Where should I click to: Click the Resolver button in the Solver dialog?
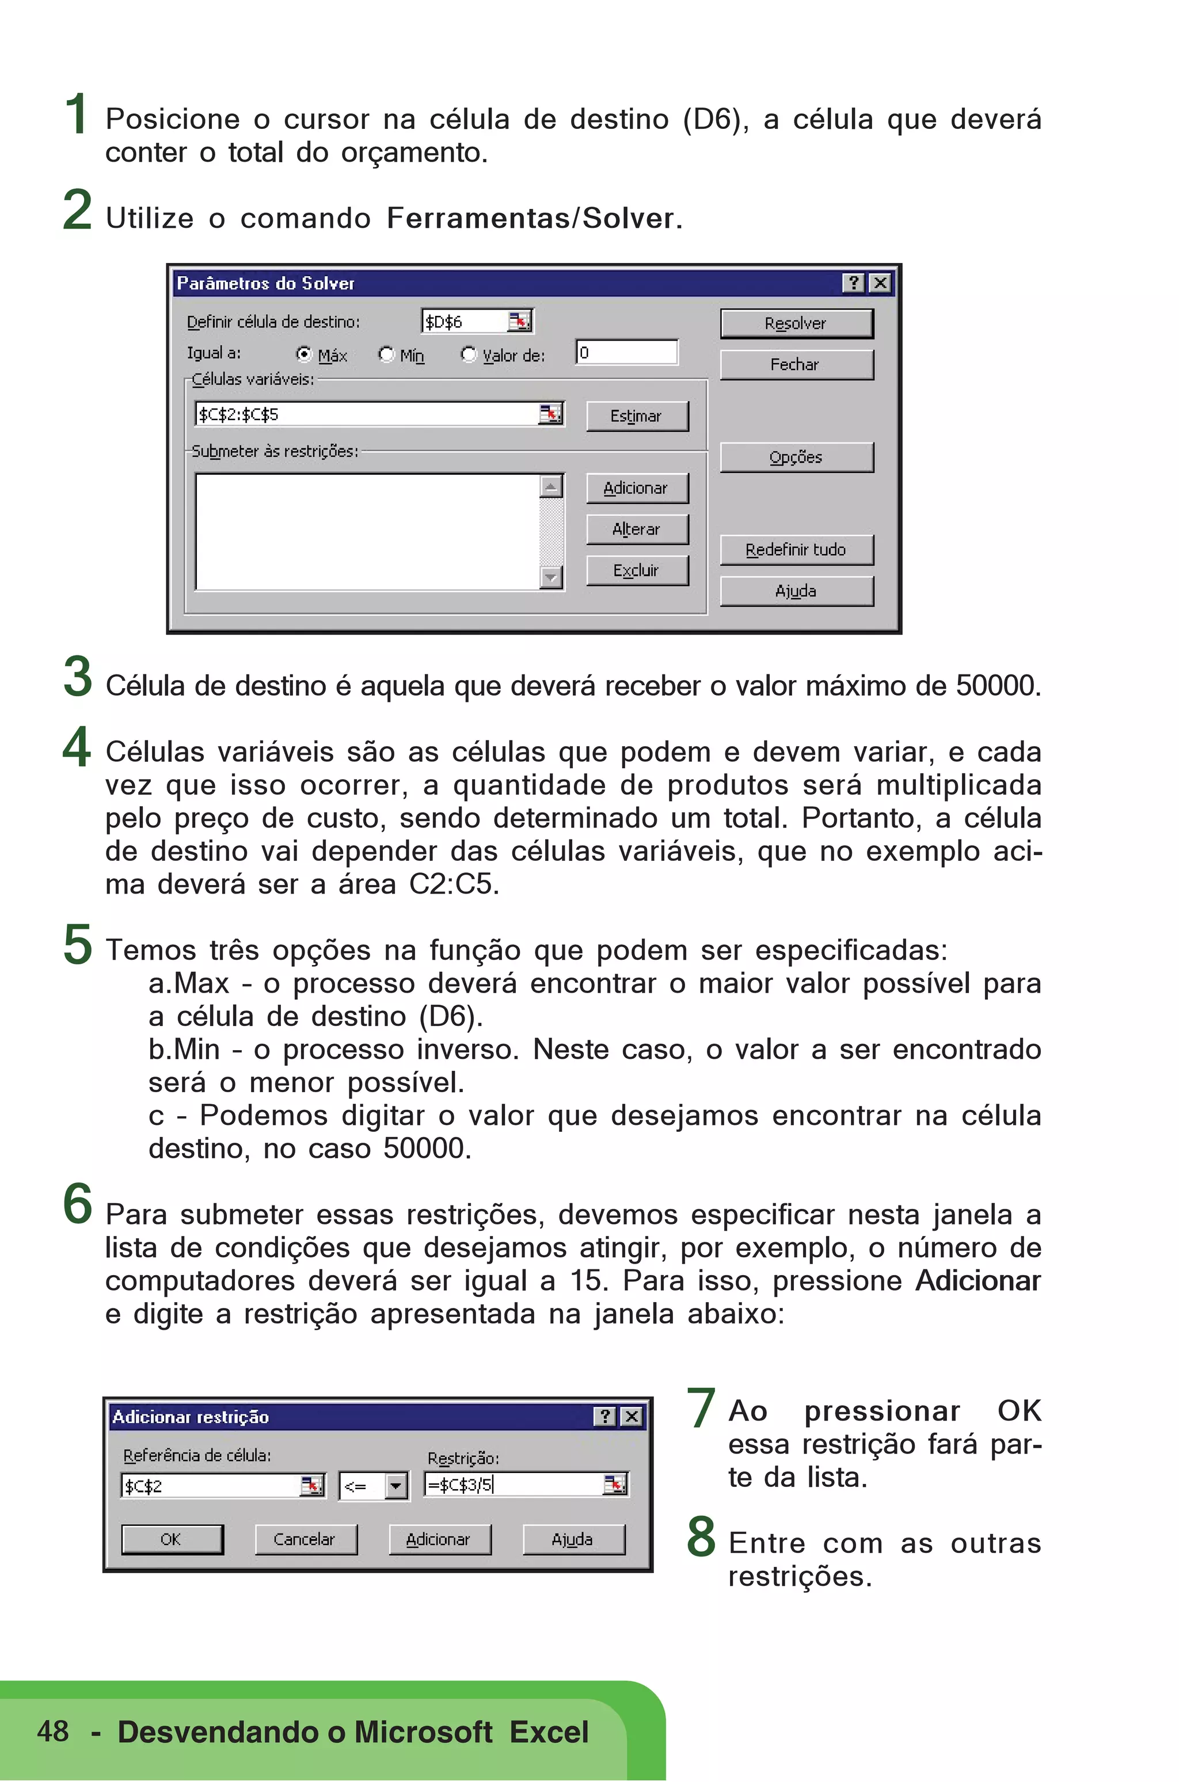point(796,323)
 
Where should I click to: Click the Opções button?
point(796,457)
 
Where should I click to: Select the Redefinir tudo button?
point(796,550)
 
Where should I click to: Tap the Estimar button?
point(636,415)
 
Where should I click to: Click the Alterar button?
point(636,529)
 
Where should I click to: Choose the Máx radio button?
point(305,354)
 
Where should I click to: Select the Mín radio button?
point(386,354)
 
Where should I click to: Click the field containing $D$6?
point(464,322)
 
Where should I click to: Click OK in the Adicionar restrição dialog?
point(172,1539)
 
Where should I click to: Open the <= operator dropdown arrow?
point(395,1485)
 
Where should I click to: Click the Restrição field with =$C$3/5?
point(513,1485)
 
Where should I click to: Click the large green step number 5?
point(78,944)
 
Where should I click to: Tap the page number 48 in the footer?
point(52,1730)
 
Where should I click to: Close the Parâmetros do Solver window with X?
point(879,283)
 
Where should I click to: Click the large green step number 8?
point(701,1536)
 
